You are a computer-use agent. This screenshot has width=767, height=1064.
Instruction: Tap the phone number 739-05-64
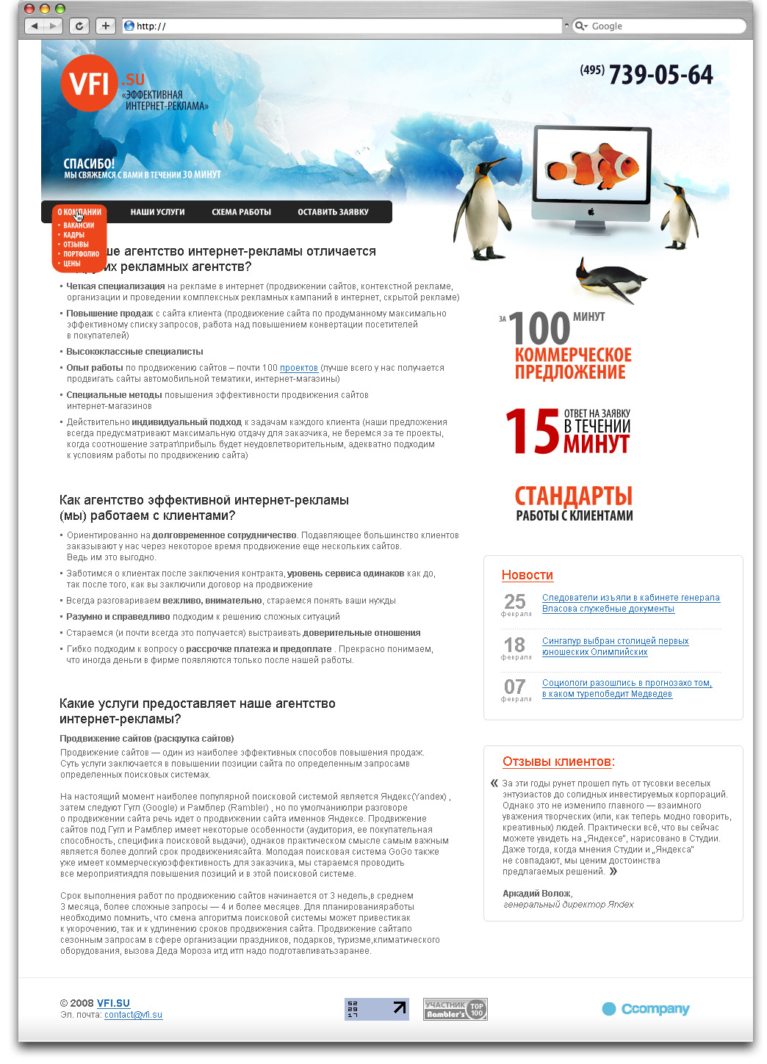[x=660, y=75]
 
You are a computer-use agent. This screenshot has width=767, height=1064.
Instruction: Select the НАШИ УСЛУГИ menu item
[x=157, y=212]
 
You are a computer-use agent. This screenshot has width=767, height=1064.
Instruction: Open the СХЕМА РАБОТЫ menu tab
[x=241, y=212]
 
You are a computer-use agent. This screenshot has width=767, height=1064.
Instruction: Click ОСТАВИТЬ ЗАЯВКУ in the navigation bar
[x=333, y=212]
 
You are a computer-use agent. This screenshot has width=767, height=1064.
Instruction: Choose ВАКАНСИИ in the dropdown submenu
[x=79, y=225]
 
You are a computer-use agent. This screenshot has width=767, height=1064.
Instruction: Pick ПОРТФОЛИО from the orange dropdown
[x=81, y=254]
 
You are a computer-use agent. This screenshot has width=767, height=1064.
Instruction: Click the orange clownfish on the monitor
[x=593, y=166]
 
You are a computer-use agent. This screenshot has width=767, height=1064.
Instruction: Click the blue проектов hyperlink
[x=298, y=368]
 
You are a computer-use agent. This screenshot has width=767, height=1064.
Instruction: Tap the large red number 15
[x=533, y=432]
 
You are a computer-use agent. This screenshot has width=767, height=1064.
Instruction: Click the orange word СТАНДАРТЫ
[x=573, y=496]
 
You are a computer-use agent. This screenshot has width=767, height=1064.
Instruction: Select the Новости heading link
[x=527, y=575]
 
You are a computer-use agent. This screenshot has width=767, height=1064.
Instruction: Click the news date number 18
[x=514, y=645]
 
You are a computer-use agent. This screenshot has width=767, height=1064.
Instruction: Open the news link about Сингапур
[x=614, y=646]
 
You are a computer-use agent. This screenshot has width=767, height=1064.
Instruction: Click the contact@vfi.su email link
[x=133, y=1015]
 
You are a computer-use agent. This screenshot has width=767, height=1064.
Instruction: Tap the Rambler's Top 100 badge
[x=455, y=1009]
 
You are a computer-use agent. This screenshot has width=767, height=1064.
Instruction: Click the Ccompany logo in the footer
[x=646, y=1009]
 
